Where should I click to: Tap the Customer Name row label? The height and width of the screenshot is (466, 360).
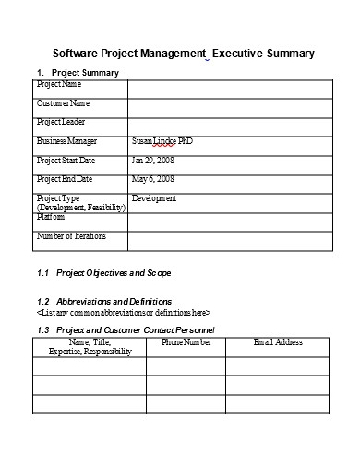click(x=64, y=102)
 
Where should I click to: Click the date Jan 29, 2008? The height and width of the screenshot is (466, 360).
click(x=152, y=160)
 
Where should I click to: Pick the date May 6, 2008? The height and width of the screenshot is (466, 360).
click(x=152, y=179)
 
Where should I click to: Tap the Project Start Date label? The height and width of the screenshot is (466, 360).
click(x=66, y=160)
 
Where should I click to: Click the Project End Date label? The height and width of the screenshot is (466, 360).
click(x=66, y=179)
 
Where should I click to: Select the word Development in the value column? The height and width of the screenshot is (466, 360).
click(x=154, y=198)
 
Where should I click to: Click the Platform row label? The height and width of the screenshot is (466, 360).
click(x=51, y=218)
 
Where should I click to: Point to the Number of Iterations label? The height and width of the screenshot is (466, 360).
click(x=71, y=236)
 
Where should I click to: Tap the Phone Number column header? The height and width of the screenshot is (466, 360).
click(x=186, y=342)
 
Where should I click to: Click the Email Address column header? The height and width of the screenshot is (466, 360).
click(x=278, y=342)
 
